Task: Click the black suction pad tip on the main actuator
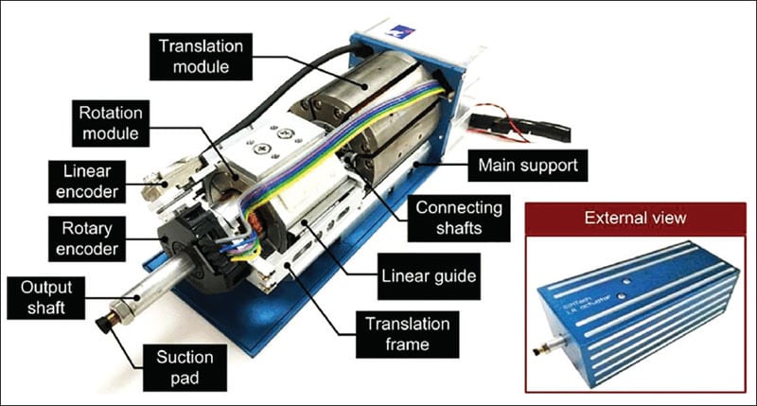click(101, 326)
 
